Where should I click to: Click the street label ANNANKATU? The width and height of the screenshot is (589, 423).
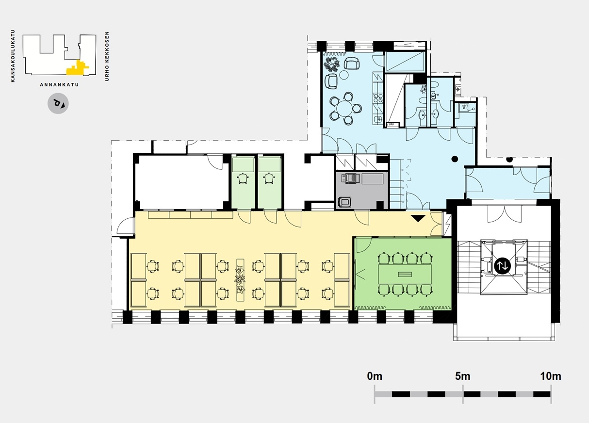click(x=59, y=85)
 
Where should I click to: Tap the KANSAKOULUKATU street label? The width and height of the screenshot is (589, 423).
click(x=13, y=56)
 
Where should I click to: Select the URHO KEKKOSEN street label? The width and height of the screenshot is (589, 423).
click(x=107, y=56)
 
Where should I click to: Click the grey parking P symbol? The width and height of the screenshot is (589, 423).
click(x=58, y=103)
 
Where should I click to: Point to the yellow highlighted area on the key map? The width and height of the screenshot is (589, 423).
click(x=77, y=69)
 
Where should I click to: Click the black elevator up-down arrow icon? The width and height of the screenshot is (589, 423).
click(x=503, y=266)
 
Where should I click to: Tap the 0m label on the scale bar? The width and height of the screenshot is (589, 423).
click(x=375, y=376)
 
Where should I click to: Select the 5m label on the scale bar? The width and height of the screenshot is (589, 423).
click(x=462, y=376)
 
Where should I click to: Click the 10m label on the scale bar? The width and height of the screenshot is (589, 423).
click(x=551, y=376)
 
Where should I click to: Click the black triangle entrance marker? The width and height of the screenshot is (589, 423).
click(x=418, y=218)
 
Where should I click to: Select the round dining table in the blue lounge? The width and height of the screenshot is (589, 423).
click(x=345, y=108)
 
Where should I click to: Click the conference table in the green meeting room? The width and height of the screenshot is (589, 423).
click(x=405, y=274)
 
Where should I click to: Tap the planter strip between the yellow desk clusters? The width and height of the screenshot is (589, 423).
click(x=240, y=280)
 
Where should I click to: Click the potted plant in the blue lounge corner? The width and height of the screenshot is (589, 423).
click(x=332, y=65)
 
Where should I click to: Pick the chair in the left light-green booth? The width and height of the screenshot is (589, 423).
click(x=243, y=178)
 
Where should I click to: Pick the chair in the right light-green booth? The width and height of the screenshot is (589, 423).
click(x=269, y=178)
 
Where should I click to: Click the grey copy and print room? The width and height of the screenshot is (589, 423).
click(x=362, y=190)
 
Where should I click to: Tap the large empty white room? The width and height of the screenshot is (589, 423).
click(x=181, y=182)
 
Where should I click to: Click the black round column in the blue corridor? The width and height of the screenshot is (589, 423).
click(x=455, y=159)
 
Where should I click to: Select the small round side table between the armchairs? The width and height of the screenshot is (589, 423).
click(x=344, y=75)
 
